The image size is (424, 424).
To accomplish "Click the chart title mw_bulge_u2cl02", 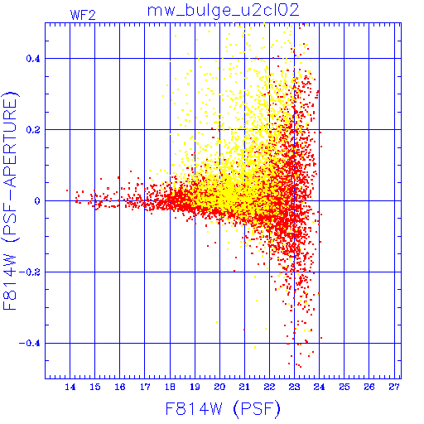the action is coord(224,11).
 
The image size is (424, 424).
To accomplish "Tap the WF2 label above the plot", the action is coord(83,15).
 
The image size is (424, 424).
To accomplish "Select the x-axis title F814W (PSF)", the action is coord(223,409).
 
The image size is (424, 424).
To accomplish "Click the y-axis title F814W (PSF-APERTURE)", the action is coord(11,200).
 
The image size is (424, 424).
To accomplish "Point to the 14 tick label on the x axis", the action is coord(70,387).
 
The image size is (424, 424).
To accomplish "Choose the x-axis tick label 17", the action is coord(145,387).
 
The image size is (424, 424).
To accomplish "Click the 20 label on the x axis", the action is coord(219,387).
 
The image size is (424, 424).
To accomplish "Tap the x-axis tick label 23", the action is coord(294,387).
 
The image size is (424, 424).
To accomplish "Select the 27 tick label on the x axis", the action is coord(394,387).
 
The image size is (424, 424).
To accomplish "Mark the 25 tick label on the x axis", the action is coord(344,387).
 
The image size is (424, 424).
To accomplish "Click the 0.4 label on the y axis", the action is coord(33,59).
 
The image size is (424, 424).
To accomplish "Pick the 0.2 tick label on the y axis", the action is coord(33,130).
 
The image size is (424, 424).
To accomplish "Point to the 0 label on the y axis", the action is coord(37,201).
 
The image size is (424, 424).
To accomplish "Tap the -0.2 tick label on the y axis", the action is coord(30,272).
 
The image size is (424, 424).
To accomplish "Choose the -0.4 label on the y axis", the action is coord(30,344).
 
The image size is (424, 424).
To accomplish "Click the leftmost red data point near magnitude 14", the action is coord(67,190).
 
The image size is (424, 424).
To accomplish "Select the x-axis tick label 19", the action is coord(195,387).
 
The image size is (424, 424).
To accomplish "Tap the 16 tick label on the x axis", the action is coord(120,387).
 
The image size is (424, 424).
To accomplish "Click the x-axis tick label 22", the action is coord(269,387).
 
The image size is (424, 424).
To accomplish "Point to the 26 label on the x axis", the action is coord(369,387).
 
